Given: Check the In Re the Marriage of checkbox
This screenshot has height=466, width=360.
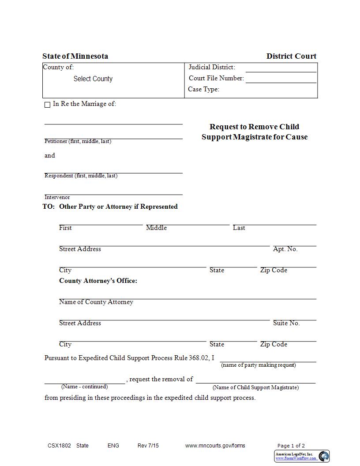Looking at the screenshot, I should [x=47, y=105].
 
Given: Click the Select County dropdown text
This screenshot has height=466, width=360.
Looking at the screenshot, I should [x=93, y=79].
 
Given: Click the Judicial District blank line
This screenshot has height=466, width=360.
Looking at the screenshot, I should [x=281, y=68].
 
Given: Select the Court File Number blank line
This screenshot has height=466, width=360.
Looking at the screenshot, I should [x=281, y=79].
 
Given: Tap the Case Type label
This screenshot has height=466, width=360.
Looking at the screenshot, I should [x=203, y=89].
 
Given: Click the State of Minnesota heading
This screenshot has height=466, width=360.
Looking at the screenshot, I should [x=75, y=56].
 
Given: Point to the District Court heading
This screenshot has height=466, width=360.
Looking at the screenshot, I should [x=291, y=56].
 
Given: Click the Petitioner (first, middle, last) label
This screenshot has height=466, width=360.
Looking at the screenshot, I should [x=78, y=141].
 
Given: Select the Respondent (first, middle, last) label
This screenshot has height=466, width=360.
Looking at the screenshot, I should [x=81, y=176].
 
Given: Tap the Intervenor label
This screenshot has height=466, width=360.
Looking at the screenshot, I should [x=57, y=197].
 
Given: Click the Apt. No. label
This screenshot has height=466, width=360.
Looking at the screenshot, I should [x=285, y=249].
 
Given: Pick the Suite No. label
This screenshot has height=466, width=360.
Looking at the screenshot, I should [x=286, y=323].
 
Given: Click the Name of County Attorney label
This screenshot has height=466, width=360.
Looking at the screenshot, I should [x=96, y=302].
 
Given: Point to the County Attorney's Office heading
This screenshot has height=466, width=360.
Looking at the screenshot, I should [x=98, y=281].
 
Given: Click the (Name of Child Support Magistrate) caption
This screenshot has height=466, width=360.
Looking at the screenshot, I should [x=255, y=387].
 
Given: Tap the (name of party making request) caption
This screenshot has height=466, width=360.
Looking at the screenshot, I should [x=258, y=365].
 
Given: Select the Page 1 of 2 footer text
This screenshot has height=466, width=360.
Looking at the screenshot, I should [x=291, y=446].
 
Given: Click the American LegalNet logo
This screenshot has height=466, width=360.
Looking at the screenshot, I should [x=302, y=456].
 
